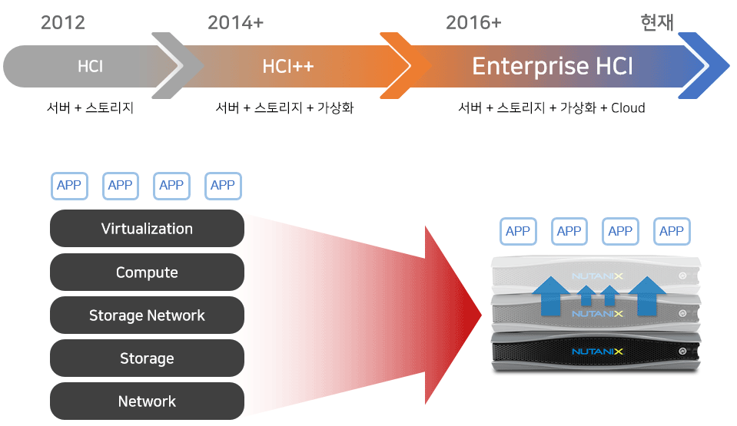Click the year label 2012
(x=63, y=22)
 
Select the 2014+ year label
(x=235, y=22)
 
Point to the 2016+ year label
(x=473, y=22)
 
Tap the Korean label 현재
(x=657, y=22)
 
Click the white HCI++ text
(x=288, y=66)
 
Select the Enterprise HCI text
(x=553, y=66)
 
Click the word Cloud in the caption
(x=628, y=108)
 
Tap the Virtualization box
(x=147, y=228)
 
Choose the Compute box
(x=147, y=272)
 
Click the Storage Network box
(x=147, y=315)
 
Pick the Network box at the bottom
(x=147, y=401)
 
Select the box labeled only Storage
(x=147, y=358)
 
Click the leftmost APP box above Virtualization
(x=70, y=186)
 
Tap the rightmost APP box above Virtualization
(x=224, y=186)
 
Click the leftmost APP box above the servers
(x=518, y=232)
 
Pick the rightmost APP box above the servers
(x=672, y=232)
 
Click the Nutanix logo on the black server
(x=597, y=352)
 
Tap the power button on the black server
(x=682, y=352)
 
